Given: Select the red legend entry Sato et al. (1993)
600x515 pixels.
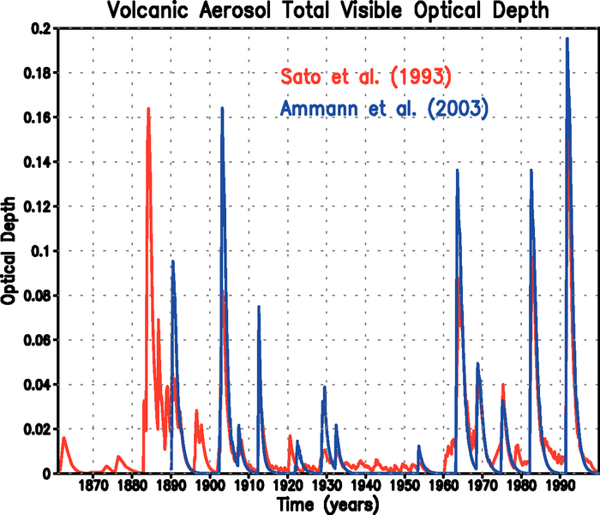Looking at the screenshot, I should [365, 77].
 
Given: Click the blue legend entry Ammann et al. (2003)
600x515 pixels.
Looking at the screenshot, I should [385, 109].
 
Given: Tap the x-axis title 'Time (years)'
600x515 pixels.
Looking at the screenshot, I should [324, 505].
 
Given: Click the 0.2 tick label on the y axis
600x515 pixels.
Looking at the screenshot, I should [39, 28].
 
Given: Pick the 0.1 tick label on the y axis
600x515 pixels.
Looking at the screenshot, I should [39, 251].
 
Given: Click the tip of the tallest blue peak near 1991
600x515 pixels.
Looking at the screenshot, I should [567, 38].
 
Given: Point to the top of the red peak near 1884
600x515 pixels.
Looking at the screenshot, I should [148, 109].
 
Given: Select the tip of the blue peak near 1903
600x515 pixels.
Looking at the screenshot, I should [222, 108].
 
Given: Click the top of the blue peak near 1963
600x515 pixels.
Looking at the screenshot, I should [457, 170].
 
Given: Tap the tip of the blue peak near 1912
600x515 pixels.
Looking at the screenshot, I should [258, 306].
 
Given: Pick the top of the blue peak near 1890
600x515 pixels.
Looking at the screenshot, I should [172, 260].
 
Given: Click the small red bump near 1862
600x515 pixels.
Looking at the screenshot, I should [63, 438].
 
